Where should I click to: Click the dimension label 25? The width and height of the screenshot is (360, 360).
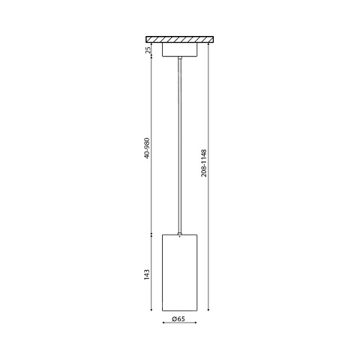click(x=148, y=49)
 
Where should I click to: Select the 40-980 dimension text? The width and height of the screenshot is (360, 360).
click(x=147, y=148)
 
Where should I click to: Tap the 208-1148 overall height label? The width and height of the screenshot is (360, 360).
click(x=204, y=163)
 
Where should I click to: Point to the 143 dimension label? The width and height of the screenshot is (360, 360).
click(x=147, y=274)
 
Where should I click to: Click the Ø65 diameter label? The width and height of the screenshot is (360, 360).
click(x=178, y=319)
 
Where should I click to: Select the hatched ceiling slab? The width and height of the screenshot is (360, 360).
click(x=180, y=39)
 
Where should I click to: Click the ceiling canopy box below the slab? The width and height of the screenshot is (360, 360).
click(x=180, y=49)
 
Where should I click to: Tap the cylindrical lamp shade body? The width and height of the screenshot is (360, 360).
click(x=180, y=272)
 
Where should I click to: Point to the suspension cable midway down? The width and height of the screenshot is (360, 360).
click(x=180, y=145)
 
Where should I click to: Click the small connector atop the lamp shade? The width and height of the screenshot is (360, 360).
click(x=180, y=234)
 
